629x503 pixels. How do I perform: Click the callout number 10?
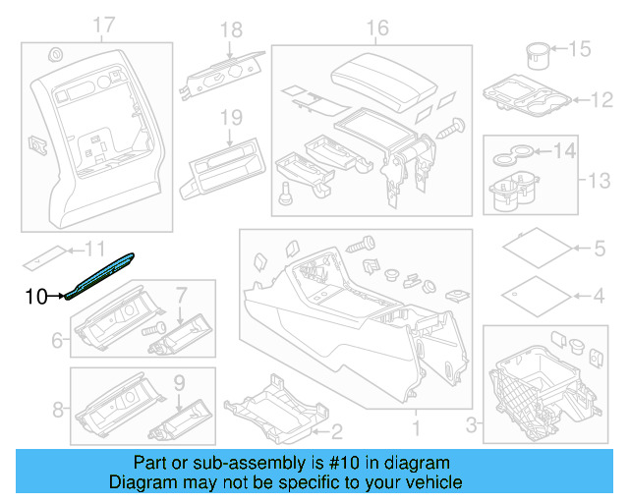pos(34,295)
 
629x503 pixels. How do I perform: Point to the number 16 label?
pos(377,28)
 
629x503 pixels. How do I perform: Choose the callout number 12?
pos(600,99)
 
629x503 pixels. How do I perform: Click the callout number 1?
pos(414,429)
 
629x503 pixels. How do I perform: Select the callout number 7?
pos(181,293)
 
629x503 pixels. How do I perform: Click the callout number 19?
pos(230,119)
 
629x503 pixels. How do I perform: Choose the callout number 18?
pos(230,30)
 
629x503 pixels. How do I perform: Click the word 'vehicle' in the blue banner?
pos(429,482)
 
